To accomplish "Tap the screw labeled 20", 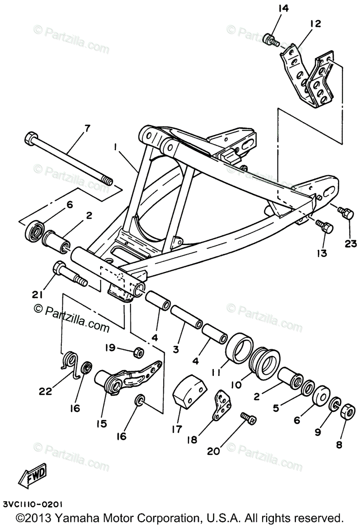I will (x=248, y=418).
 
